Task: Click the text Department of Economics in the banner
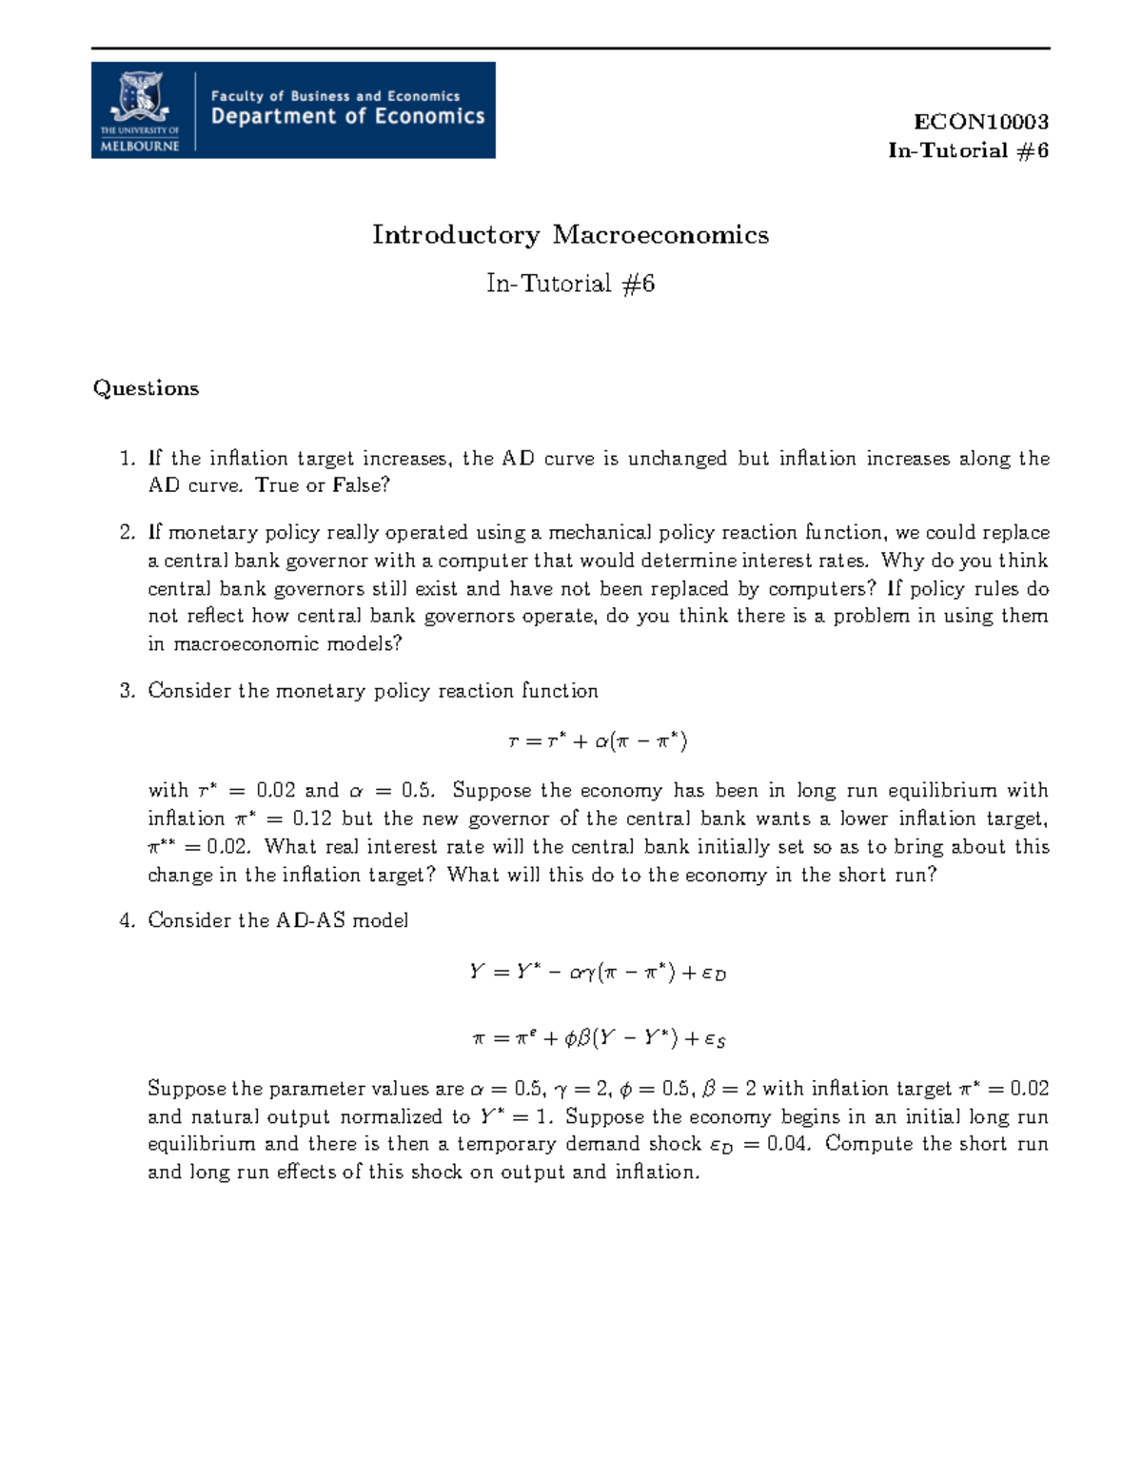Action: [x=347, y=117]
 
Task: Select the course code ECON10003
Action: [x=980, y=122]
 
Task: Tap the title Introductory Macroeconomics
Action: [x=570, y=235]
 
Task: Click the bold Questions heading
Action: [x=146, y=388]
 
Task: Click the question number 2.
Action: [x=127, y=533]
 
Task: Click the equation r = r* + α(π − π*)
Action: [x=598, y=740]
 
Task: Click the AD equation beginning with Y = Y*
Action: [x=598, y=973]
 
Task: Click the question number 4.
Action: [x=127, y=920]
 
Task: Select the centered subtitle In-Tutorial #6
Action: [x=570, y=284]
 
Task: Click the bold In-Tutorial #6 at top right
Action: [x=968, y=150]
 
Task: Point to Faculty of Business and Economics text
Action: [x=335, y=95]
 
